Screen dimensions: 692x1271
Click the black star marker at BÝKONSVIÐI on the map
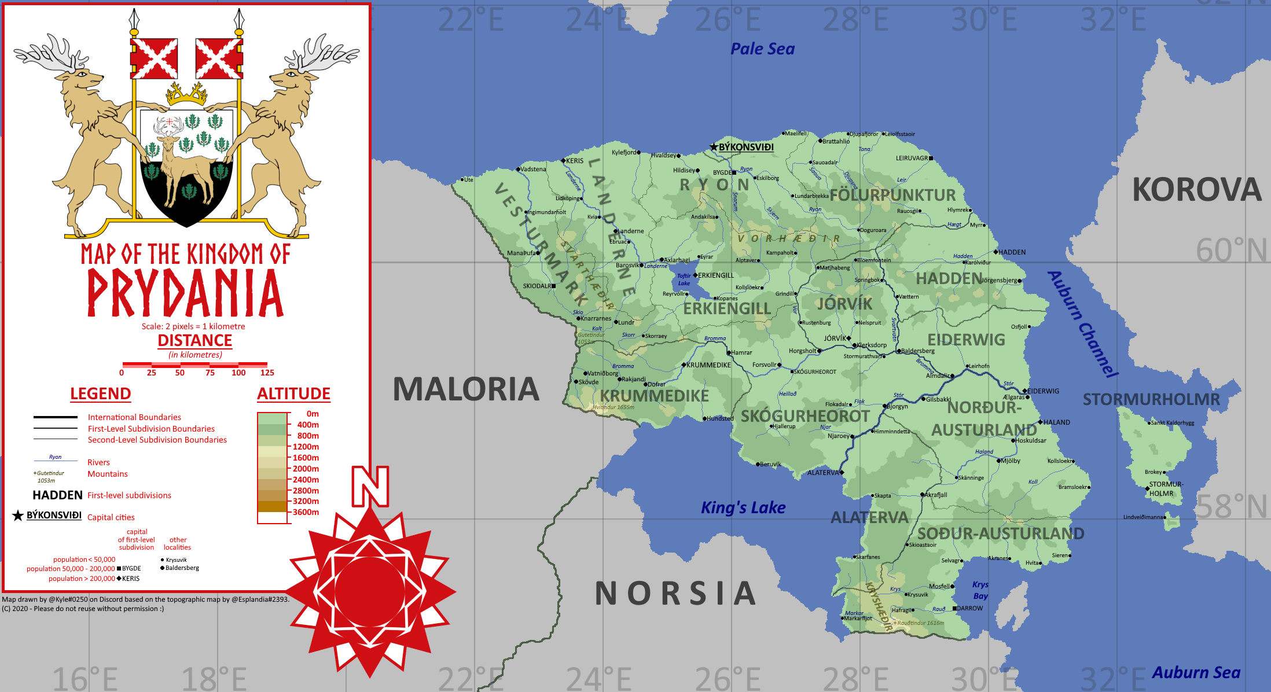coord(714,147)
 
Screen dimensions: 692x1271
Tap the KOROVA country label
coord(1196,190)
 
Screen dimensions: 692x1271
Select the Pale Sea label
coord(762,49)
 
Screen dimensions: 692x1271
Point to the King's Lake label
coord(743,507)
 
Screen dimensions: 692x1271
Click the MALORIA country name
coord(466,389)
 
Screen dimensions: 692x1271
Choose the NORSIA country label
coord(675,594)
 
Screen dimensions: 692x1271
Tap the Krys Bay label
coord(980,590)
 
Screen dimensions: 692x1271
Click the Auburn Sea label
coord(1196,672)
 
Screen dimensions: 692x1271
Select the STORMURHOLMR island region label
coord(1151,399)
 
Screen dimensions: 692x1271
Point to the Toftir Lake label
coord(684,279)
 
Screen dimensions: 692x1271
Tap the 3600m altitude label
coord(306,512)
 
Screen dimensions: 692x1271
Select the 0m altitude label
coord(313,414)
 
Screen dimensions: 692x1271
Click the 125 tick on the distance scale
coord(267,373)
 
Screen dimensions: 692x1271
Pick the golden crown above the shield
coord(186,94)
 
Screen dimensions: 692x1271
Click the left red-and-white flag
coord(154,58)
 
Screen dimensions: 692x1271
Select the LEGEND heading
coord(101,393)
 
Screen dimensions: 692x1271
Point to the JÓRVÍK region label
coord(844,303)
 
